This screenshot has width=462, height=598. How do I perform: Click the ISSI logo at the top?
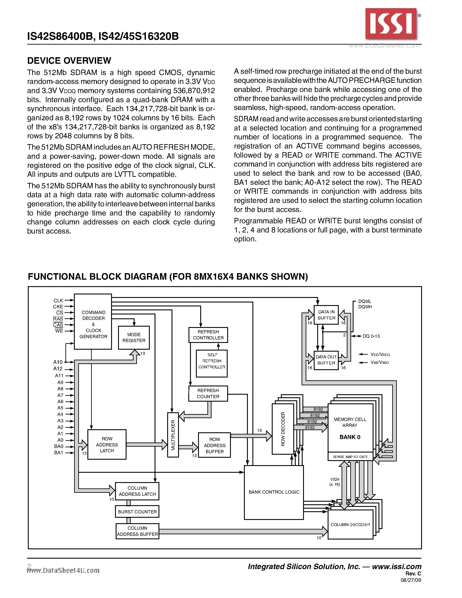pos(391,24)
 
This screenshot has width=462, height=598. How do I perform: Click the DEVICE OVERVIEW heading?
pos(69,60)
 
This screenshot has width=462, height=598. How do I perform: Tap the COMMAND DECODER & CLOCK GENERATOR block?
pos(93,321)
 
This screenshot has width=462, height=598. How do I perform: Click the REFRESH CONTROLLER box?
pos(208,335)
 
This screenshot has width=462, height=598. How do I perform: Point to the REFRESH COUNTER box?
pos(208,393)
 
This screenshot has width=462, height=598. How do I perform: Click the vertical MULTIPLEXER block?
pos(173,435)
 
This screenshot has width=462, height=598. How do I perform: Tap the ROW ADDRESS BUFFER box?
pos(214,445)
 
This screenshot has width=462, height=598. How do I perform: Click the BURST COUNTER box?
pos(137,511)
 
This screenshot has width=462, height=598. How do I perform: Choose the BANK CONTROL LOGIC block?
pos(274,492)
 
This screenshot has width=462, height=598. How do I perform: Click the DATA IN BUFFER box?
pos(326,315)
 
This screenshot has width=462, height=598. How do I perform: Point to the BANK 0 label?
pos(350,437)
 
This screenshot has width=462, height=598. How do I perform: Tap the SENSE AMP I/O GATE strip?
pos(350,457)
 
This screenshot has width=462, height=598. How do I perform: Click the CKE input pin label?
pos(58,307)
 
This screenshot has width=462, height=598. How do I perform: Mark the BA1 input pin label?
pos(58,453)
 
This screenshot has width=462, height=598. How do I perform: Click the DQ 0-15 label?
pos(371,336)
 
